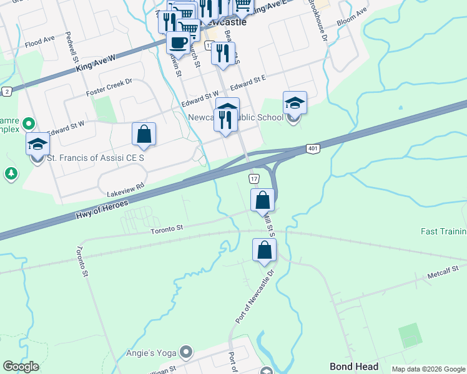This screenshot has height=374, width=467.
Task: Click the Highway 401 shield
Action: (x=313, y=148)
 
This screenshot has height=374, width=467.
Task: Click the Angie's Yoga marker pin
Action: (x=185, y=353)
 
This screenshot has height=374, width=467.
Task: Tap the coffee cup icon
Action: (x=179, y=42)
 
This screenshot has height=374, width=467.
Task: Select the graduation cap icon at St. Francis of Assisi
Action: (x=37, y=144)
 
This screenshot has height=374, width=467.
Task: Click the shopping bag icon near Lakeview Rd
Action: (x=144, y=135)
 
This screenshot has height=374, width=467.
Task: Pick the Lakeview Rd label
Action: (x=125, y=186)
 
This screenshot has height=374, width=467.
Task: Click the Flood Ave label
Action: (x=41, y=43)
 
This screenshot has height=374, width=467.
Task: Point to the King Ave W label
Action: (x=97, y=58)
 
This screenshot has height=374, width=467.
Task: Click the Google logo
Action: (x=21, y=367)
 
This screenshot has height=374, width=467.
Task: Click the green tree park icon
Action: (x=11, y=173)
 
